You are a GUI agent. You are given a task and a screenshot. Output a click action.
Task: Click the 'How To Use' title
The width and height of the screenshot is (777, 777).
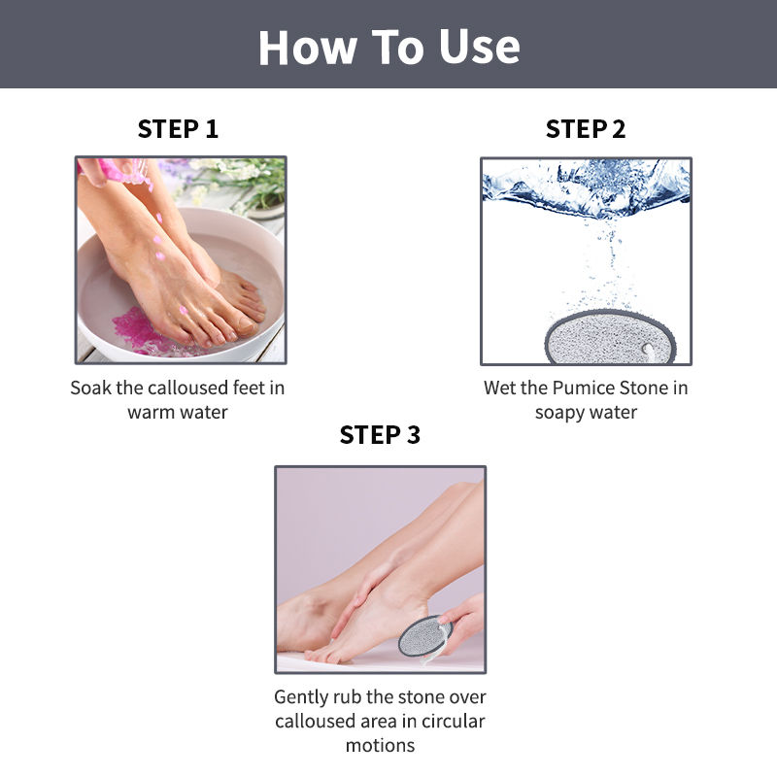389,47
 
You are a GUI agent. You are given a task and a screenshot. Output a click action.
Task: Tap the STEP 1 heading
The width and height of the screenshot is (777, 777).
178,129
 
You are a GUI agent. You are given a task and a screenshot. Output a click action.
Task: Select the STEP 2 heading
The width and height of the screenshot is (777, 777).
586,129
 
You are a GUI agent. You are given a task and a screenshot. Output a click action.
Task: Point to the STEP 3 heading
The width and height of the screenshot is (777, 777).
380,434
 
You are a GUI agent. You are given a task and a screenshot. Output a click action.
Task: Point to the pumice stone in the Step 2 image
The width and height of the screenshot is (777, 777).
611,337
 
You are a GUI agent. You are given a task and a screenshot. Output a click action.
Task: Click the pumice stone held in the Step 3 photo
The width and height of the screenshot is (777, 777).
425,636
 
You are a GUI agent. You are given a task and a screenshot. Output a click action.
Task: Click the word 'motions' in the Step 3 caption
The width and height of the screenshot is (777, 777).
380,745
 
